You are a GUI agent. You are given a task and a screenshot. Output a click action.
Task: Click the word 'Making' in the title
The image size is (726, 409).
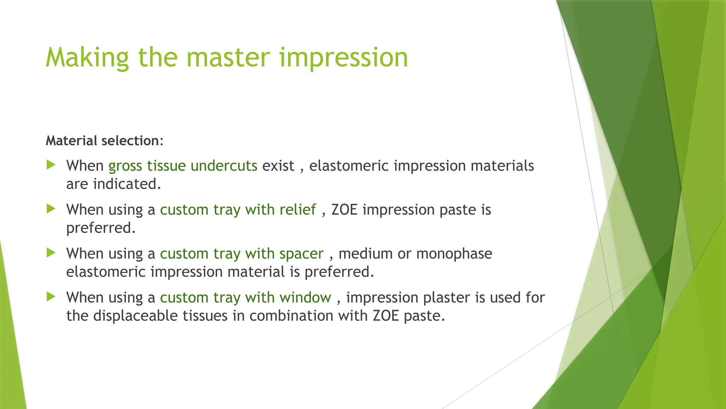pyautogui.click(x=87, y=58)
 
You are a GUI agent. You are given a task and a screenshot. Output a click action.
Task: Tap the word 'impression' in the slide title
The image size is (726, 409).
pyautogui.click(x=344, y=58)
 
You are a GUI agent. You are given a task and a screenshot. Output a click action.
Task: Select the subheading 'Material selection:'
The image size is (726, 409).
pyautogui.click(x=105, y=141)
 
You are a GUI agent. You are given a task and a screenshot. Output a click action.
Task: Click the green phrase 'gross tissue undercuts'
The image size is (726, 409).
pyautogui.click(x=183, y=166)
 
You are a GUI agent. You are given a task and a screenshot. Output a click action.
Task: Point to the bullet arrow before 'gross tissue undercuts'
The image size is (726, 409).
pyautogui.click(x=51, y=165)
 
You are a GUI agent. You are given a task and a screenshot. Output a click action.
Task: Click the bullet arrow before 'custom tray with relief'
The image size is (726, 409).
pyautogui.click(x=51, y=209)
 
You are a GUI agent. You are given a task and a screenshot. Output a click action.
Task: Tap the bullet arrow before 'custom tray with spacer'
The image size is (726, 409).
pyautogui.click(x=51, y=253)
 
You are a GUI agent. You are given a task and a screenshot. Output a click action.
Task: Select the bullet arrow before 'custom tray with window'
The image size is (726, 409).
pyautogui.click(x=51, y=296)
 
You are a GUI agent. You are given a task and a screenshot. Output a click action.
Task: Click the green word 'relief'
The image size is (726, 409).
pyautogui.click(x=297, y=210)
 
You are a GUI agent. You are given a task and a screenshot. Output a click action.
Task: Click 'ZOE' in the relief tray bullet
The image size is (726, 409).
pyautogui.click(x=344, y=210)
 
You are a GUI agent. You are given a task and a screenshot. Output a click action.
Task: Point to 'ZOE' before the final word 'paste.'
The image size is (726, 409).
pyautogui.click(x=386, y=316)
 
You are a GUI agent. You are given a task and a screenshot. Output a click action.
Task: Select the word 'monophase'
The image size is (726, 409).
pyautogui.click(x=454, y=254)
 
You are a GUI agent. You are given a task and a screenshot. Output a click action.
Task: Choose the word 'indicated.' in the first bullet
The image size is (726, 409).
pyautogui.click(x=127, y=184)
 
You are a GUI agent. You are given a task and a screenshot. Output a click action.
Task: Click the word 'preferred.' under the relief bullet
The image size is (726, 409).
pyautogui.click(x=101, y=228)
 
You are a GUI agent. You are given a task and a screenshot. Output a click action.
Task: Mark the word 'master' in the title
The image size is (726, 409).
pyautogui.click(x=228, y=58)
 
